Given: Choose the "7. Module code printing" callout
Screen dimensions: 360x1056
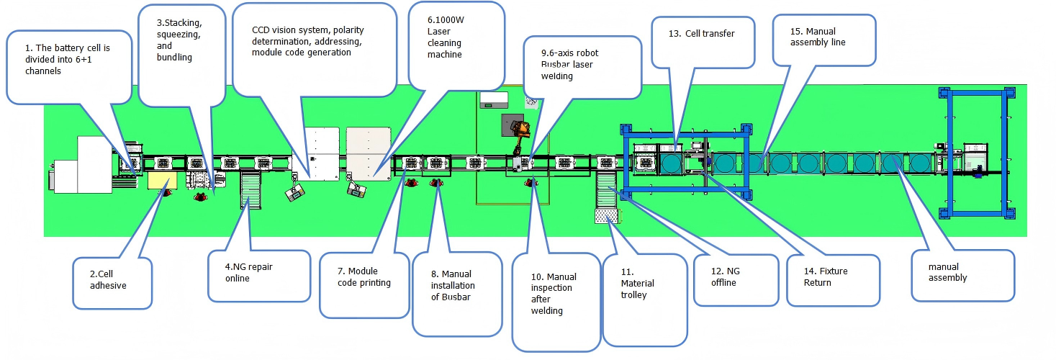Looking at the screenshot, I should [x=364, y=282].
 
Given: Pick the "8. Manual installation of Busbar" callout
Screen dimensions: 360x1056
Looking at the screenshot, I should [x=456, y=292].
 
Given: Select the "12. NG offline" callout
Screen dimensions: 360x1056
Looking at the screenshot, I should [x=735, y=279].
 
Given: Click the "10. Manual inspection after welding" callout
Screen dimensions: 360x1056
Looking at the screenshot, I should [x=556, y=299].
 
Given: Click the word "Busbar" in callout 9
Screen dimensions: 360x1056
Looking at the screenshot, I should [x=556, y=64].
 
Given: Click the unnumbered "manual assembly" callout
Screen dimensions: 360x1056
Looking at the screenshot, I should [x=962, y=274].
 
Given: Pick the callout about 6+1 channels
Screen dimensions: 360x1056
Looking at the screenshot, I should [x=68, y=66].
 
